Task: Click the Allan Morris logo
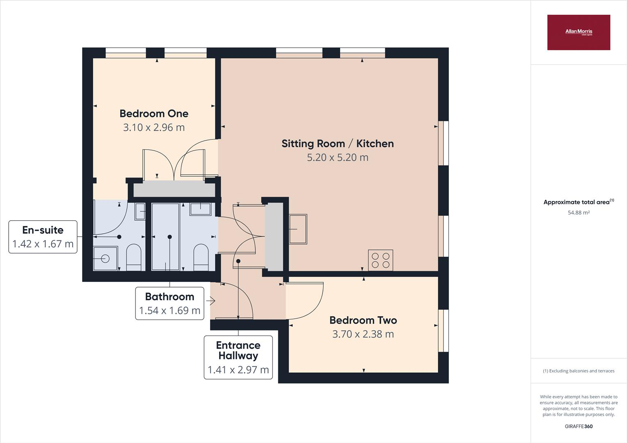pos(579,32)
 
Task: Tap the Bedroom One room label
pos(154,114)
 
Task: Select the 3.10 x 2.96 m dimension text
pos(154,127)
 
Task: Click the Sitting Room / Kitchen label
pos(338,144)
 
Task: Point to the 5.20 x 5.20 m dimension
pos(338,157)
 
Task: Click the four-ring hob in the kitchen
pos(380,260)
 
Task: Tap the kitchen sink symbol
pos(298,229)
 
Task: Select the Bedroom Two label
pos(363,320)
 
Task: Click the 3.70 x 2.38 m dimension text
pos(363,334)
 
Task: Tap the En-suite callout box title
pos(43,230)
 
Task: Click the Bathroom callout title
pos(169,297)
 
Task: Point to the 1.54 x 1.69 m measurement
pos(169,311)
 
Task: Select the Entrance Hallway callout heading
pos(238,350)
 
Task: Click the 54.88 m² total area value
pos(579,212)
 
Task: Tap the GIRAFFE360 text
pos(579,426)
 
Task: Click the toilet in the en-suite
pos(134,258)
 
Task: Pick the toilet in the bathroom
pos(201,258)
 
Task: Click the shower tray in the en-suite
pos(105,258)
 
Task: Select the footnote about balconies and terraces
pos(579,371)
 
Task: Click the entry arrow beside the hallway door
pos(211,301)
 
